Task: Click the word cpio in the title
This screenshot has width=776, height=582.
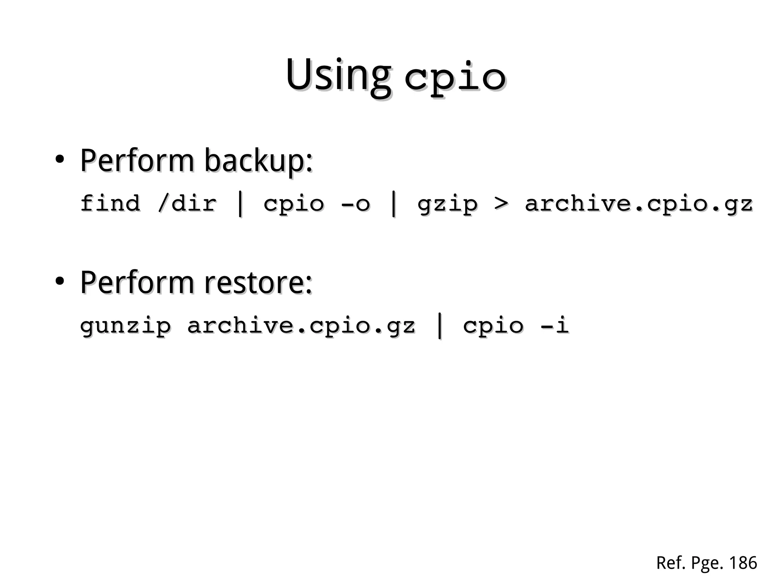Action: (455, 78)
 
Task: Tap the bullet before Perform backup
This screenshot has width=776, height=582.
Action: (59, 160)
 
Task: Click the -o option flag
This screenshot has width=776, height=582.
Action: (355, 204)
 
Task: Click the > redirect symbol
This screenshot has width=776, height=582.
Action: (501, 204)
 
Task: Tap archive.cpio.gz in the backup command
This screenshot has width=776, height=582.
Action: (638, 204)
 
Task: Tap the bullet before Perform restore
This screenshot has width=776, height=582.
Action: (59, 282)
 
